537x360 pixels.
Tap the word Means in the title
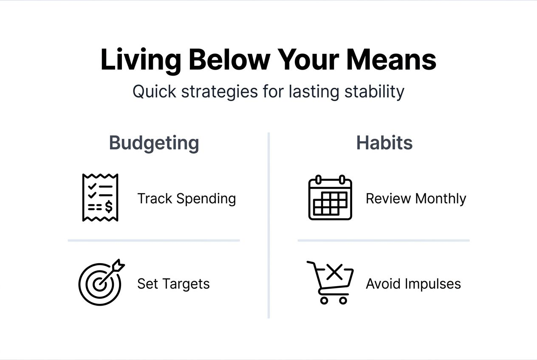coord(391,60)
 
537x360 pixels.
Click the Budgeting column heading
coord(154,143)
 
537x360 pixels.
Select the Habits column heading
coord(384,143)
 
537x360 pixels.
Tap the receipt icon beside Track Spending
coord(100,197)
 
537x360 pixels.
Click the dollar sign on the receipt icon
coord(109,207)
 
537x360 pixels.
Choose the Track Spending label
coord(187,198)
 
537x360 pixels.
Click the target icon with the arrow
coord(101,282)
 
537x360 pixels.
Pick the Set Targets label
coord(173,284)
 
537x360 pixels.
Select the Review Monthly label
coord(416,198)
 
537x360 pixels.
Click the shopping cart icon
coord(330,282)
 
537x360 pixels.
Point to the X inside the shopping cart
coord(335,272)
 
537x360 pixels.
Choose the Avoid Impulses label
coord(413,284)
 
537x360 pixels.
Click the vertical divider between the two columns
coord(268,225)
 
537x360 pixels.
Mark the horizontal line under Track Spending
coord(154,240)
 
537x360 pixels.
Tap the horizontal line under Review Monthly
coord(384,240)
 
